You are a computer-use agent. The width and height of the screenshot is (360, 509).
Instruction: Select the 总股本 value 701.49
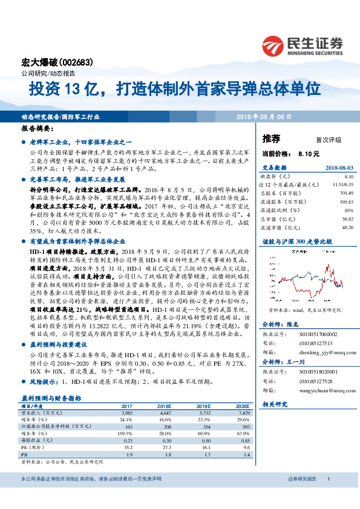(345, 192)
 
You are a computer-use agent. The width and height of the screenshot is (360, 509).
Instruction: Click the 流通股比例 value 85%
(348, 210)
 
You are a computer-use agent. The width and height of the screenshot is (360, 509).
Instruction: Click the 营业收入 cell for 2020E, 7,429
(242, 413)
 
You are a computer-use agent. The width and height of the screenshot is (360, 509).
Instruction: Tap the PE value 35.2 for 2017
(126, 447)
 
